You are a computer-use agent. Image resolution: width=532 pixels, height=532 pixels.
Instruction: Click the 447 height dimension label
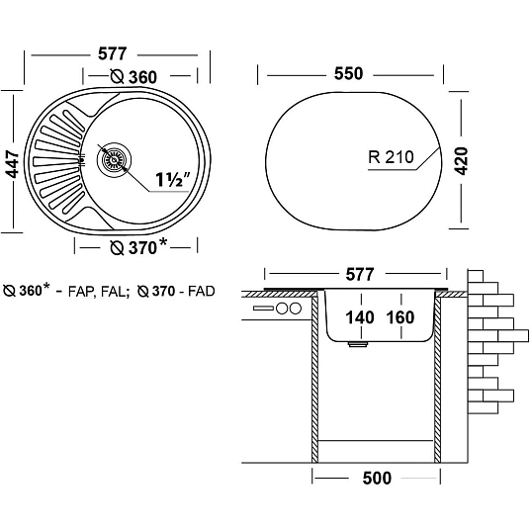tap(13, 164)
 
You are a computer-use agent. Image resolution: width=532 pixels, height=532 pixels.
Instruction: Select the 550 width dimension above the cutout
tap(348, 73)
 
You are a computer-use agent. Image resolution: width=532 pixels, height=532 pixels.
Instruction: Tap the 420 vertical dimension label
tap(461, 161)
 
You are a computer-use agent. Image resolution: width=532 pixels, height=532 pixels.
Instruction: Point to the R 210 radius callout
tap(392, 157)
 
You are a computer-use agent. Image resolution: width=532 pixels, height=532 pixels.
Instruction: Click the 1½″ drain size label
tap(173, 180)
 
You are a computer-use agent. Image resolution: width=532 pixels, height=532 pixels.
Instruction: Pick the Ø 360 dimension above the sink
tap(133, 77)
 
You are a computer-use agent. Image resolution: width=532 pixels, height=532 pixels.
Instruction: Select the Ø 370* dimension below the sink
tap(138, 247)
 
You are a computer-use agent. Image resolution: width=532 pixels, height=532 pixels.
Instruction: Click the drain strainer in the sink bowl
tap(114, 159)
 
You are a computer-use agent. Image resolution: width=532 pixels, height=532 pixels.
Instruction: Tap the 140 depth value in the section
tap(360, 317)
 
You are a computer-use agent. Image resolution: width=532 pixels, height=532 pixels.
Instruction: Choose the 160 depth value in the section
tap(400, 317)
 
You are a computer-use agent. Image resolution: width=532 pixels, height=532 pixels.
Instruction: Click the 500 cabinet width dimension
tap(377, 478)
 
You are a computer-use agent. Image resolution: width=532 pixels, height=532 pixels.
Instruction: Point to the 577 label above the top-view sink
tap(113, 53)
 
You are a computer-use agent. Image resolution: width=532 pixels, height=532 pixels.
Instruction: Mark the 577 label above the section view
tap(360, 274)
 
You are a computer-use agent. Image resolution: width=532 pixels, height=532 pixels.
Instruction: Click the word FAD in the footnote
tap(202, 292)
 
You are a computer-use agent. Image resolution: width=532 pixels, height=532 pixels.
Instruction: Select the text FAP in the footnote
tap(79, 292)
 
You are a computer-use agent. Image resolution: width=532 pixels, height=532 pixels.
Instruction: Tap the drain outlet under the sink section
tap(358, 344)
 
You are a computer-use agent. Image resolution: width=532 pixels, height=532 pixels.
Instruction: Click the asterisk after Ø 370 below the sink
tap(163, 242)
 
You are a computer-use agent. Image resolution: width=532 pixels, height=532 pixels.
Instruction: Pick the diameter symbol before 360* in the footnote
tap(9, 291)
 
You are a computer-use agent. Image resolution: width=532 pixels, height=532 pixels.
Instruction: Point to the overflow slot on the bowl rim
tap(82, 159)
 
